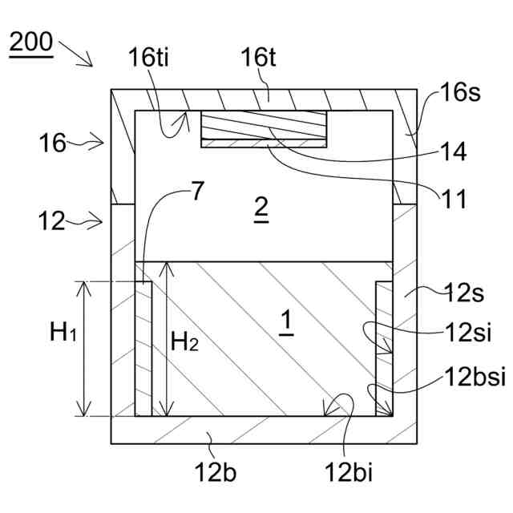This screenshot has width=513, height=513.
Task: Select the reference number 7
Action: coord(197,192)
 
